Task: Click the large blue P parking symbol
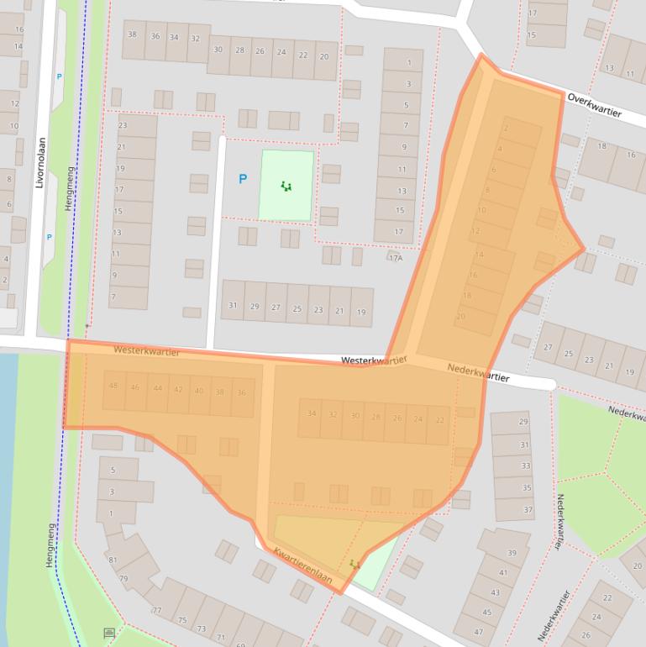(x=243, y=179)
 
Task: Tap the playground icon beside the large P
(x=286, y=187)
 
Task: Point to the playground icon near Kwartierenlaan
(x=355, y=564)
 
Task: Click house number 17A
(x=395, y=257)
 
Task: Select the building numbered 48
(x=113, y=387)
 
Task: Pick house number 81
(x=113, y=560)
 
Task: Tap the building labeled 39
(x=512, y=552)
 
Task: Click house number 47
(x=478, y=632)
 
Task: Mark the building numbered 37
(x=528, y=509)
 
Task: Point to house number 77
(x=156, y=610)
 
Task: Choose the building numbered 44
(x=157, y=388)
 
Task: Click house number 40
(x=199, y=391)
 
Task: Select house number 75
(x=182, y=620)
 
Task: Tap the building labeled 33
(x=526, y=466)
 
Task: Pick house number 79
(x=123, y=578)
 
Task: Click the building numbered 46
(x=135, y=387)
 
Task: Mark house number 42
(x=178, y=389)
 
